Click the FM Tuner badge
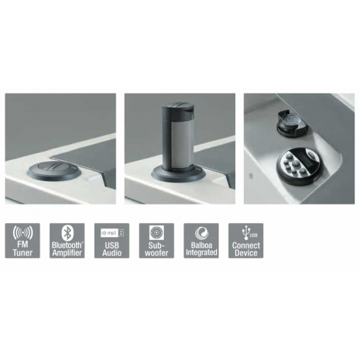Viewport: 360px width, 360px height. [x=22, y=241]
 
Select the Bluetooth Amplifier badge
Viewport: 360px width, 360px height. [x=67, y=241]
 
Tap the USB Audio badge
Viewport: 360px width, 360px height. [x=111, y=241]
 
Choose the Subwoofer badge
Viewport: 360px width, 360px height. [x=156, y=241]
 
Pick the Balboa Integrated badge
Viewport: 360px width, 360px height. [x=201, y=241]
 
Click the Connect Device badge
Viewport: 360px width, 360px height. [x=245, y=241]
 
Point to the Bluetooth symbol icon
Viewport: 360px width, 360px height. [x=67, y=233]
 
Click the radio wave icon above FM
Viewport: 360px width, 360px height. [x=22, y=233]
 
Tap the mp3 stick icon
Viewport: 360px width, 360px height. [x=112, y=232]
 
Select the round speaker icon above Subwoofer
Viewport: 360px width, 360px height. [x=156, y=232]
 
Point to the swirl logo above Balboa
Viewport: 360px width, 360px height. [x=201, y=232]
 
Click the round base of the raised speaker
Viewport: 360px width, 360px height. [x=178, y=176]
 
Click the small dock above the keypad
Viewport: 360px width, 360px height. [x=291, y=122]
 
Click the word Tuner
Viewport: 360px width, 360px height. [x=22, y=252]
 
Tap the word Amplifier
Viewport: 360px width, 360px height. [x=67, y=252]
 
